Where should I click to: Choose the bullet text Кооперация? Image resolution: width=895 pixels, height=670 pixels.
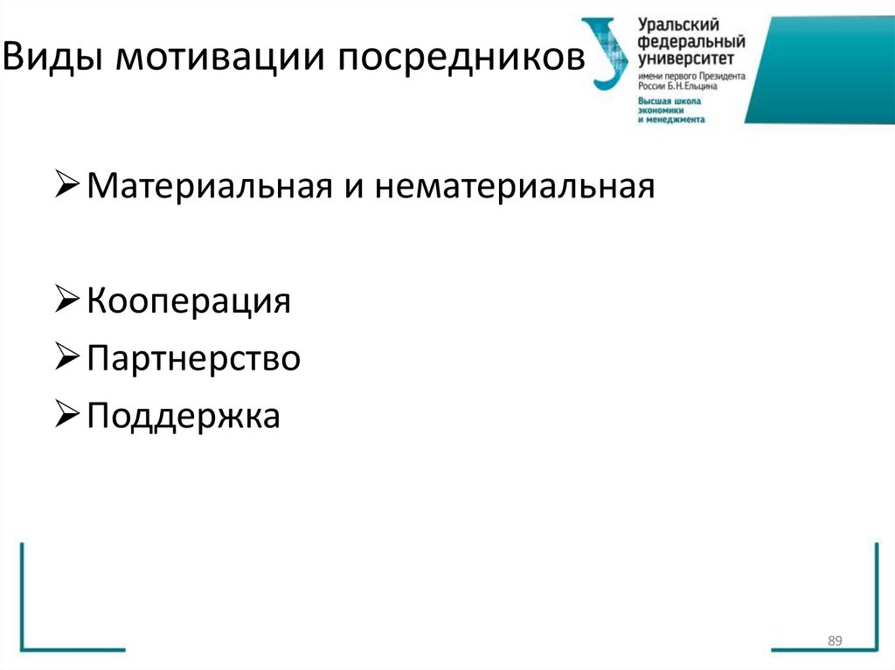click(x=189, y=301)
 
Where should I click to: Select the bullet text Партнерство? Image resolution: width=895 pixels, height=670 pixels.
click(x=194, y=358)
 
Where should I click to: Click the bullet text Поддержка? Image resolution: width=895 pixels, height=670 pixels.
click(x=184, y=416)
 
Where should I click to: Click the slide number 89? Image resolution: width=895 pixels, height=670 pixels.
click(x=834, y=642)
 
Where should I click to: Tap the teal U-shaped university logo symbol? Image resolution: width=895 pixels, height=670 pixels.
click(x=606, y=52)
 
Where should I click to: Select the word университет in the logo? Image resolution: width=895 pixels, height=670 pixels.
click(x=685, y=59)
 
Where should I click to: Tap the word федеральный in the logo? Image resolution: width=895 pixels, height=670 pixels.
click(x=690, y=42)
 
